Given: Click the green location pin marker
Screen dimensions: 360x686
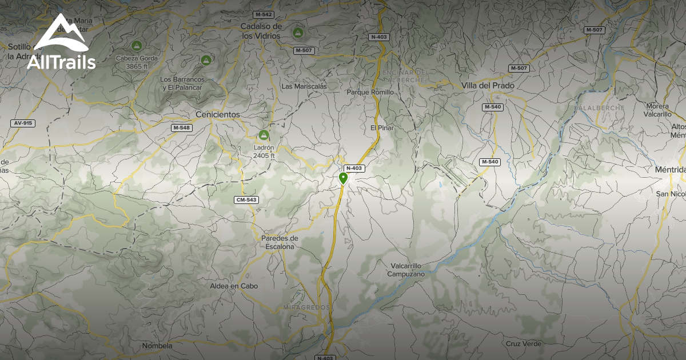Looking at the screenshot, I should [343, 178].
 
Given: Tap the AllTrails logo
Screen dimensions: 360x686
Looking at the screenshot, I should [61, 43].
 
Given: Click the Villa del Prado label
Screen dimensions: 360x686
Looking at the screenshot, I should [488, 86].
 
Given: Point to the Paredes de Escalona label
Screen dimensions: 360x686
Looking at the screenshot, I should [280, 242].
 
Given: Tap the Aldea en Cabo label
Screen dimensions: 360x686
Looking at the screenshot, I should [234, 286].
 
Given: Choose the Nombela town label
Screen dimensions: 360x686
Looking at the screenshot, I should [157, 346].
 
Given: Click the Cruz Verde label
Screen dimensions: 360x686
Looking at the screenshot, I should [523, 343].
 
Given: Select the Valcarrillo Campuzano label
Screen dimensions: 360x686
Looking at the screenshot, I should [407, 270].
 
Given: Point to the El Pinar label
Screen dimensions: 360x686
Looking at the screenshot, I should [382, 127].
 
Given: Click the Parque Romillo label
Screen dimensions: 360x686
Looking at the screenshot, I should [370, 92].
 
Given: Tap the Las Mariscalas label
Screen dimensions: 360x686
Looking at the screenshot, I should [304, 86].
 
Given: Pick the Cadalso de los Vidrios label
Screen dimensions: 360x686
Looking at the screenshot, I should [261, 31].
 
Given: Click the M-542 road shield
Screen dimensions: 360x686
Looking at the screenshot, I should [264, 14].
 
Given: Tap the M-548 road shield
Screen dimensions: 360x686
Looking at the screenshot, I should [181, 127].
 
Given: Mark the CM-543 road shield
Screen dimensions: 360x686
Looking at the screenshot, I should [245, 199].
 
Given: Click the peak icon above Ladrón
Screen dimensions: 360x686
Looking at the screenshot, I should [264, 135].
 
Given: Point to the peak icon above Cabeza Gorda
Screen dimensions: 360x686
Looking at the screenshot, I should [136, 45].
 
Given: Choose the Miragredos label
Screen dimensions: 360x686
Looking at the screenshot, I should [306, 307].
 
